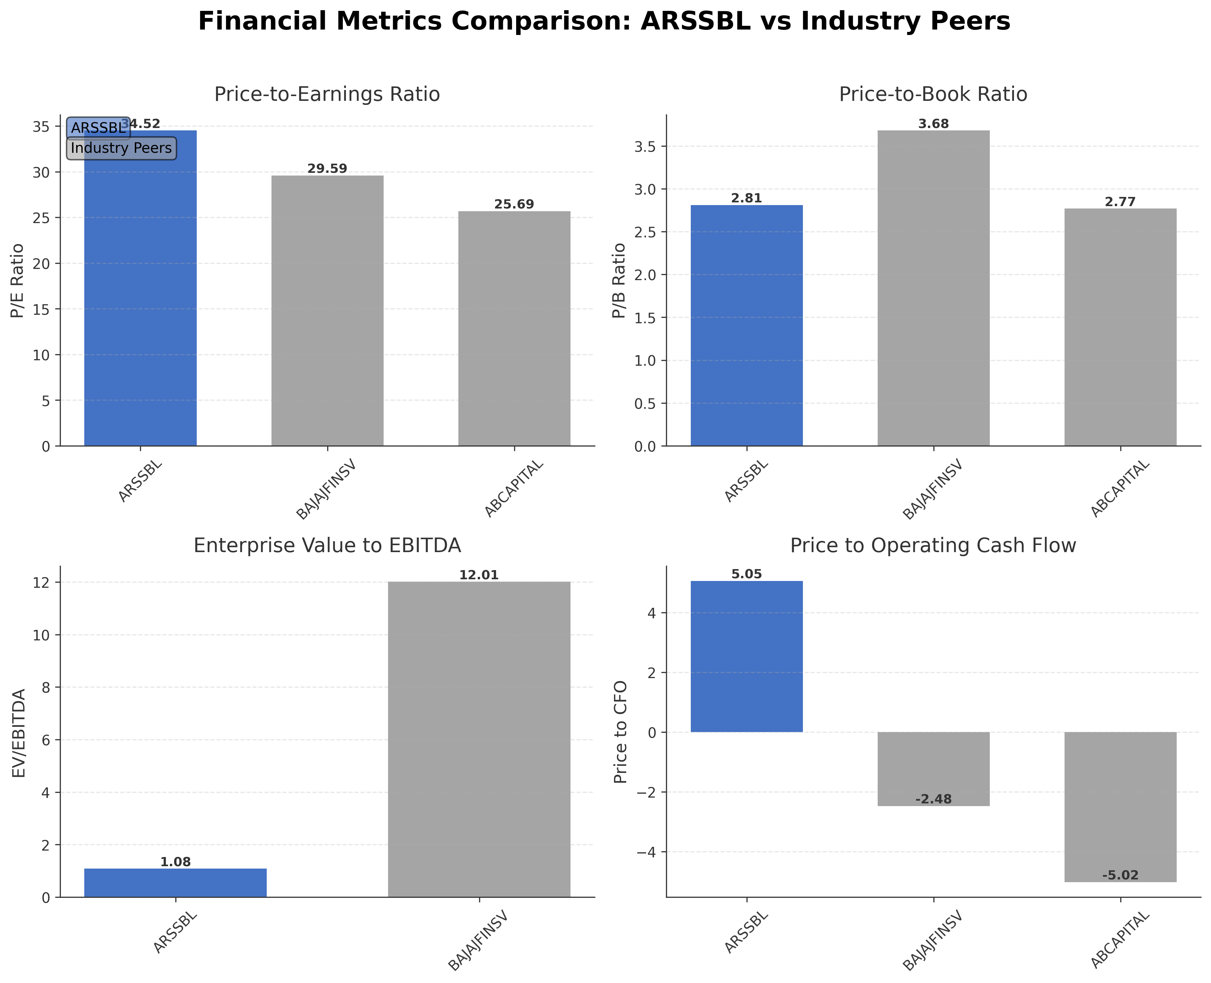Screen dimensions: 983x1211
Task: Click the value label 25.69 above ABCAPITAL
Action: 514,204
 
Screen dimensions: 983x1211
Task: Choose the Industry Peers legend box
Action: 121,148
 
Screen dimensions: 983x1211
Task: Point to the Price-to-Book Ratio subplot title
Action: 933,94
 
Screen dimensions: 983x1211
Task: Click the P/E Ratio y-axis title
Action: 18,280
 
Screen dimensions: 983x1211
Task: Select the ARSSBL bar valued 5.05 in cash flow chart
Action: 746,657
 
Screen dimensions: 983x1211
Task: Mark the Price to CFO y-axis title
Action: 621,732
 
